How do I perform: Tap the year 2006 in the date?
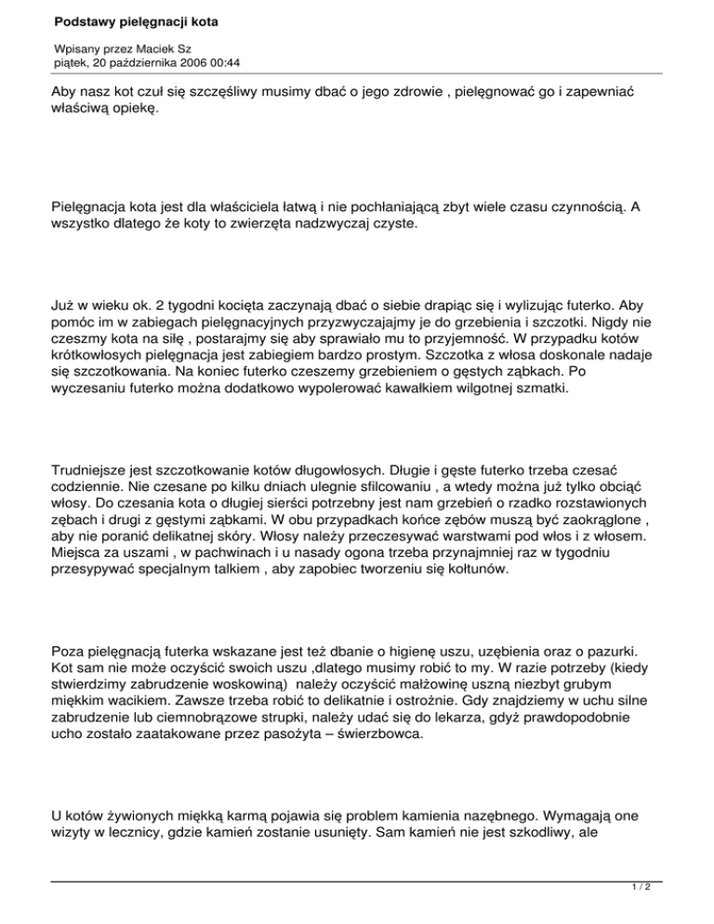[x=185, y=62]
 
